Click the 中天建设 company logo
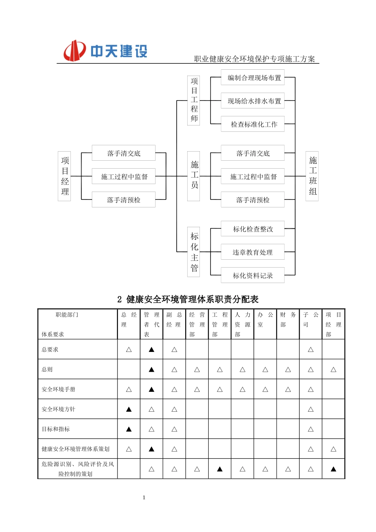105,51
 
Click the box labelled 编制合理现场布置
253,78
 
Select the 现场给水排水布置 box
253,101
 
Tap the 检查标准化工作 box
253,124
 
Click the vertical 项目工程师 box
194,101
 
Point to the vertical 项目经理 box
65,176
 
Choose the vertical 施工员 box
194,176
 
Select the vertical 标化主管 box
194,252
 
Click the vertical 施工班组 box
312,176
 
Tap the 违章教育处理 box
253,252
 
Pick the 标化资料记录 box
253,275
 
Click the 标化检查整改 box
253,229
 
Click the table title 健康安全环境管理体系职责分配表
188,299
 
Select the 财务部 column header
288,320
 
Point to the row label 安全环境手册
59,389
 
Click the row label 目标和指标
56,429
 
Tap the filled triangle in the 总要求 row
152,350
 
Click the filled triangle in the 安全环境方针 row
129,409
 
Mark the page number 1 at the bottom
144,498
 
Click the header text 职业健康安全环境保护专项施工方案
254,59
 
